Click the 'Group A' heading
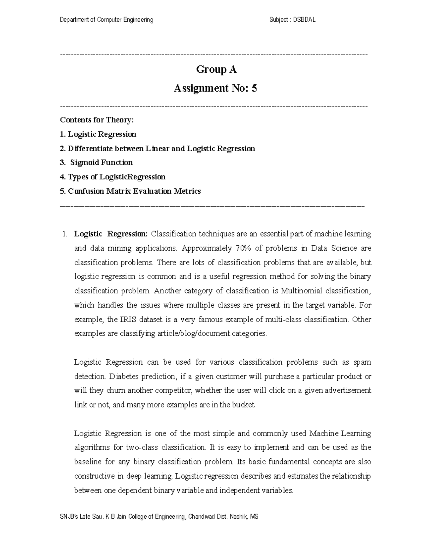(x=216, y=69)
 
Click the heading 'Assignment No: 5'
(x=215, y=88)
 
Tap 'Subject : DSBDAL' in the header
(x=292, y=20)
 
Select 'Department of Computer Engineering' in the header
(x=107, y=20)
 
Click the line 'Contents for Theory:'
(x=97, y=120)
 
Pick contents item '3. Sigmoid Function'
(x=96, y=162)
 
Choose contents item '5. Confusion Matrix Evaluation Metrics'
(x=130, y=191)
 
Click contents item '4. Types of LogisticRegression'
(x=113, y=177)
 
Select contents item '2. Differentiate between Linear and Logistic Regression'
(x=157, y=148)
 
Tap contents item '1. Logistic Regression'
(x=98, y=134)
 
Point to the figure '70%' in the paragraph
(x=239, y=248)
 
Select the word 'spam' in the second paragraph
(x=362, y=362)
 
